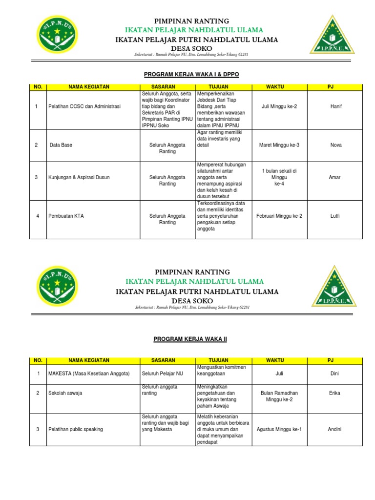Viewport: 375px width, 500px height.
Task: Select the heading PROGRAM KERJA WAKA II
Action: click(x=191, y=338)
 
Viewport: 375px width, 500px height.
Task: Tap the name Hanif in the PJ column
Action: click(x=336, y=105)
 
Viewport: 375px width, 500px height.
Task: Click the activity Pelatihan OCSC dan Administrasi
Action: click(x=84, y=106)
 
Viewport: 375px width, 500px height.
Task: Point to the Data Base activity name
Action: click(x=61, y=145)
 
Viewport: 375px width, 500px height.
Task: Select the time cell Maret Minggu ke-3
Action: click(x=279, y=145)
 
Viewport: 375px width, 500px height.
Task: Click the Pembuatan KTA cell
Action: click(x=66, y=216)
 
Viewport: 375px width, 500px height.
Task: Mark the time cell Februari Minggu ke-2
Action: click(x=279, y=216)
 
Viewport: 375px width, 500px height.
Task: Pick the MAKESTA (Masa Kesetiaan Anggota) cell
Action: click(x=89, y=374)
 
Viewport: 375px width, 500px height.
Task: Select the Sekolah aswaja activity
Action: click(x=65, y=393)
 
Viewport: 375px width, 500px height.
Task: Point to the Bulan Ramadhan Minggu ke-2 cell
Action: click(x=279, y=396)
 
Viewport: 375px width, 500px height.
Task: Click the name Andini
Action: click(x=334, y=430)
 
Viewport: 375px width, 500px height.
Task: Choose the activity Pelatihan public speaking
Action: click(x=76, y=430)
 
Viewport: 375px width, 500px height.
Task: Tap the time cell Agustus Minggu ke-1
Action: click(x=279, y=430)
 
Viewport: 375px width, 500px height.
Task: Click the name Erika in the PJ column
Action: click(x=334, y=393)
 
